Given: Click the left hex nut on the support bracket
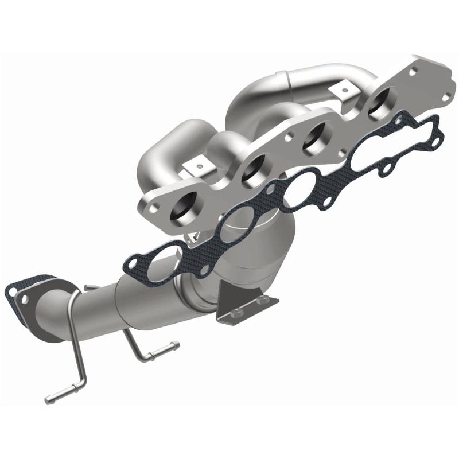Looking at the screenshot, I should (x=236, y=313).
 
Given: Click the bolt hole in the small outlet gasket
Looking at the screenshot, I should (x=11, y=291).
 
